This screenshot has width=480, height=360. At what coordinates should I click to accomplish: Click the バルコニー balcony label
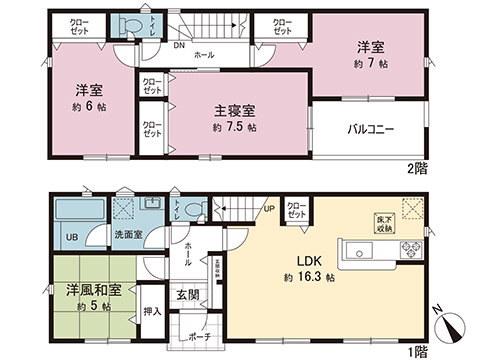370,129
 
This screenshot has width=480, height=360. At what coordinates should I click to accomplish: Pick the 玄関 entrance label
188,295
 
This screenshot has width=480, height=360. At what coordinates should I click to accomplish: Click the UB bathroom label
72,237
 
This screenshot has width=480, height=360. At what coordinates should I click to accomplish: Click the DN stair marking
179,45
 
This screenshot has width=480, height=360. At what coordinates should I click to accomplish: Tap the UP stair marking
269,209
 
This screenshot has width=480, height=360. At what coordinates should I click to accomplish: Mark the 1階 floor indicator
419,350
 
